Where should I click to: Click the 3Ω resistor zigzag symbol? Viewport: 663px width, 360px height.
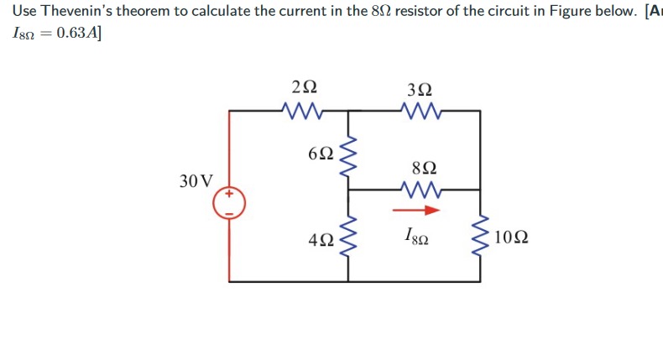pyautogui.click(x=420, y=110)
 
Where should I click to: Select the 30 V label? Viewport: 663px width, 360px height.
pyautogui.click(x=196, y=180)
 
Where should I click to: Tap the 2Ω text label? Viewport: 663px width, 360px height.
pyautogui.click(x=305, y=86)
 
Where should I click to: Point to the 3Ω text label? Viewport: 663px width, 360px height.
pyautogui.click(x=420, y=88)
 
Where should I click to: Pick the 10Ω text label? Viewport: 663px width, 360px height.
pyautogui.click(x=511, y=237)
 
